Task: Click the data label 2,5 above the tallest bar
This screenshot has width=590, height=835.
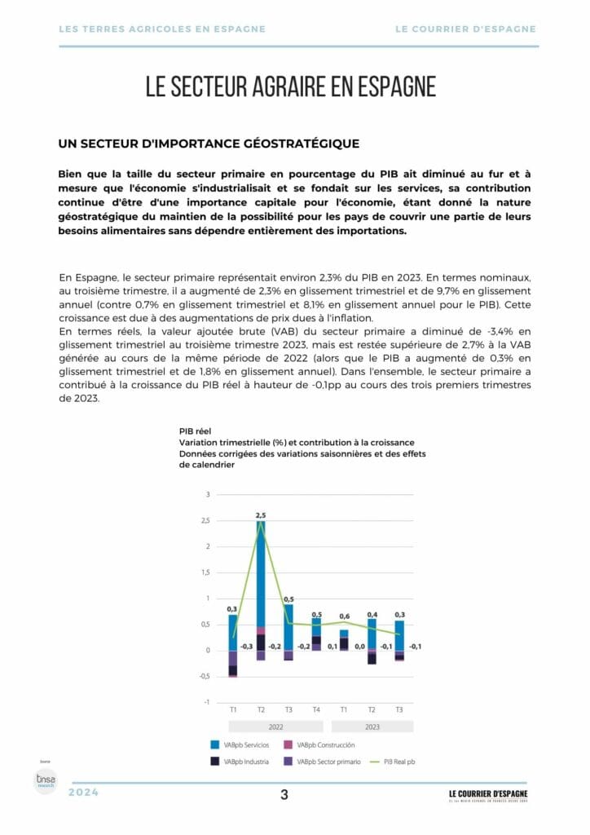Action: pyautogui.click(x=261, y=515)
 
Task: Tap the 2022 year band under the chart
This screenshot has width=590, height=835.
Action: pyautogui.click(x=275, y=726)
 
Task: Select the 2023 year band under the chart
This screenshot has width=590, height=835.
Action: pyautogui.click(x=372, y=726)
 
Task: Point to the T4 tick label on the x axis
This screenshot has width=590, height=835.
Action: pyautogui.click(x=316, y=709)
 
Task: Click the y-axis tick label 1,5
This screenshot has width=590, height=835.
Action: pyautogui.click(x=205, y=572)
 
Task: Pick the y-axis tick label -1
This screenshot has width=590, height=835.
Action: pyautogui.click(x=207, y=702)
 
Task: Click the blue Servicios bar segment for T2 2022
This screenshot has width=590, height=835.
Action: pyautogui.click(x=261, y=571)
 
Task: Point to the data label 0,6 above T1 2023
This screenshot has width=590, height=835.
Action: pyautogui.click(x=344, y=616)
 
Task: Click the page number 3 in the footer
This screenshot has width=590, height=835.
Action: pyautogui.click(x=284, y=795)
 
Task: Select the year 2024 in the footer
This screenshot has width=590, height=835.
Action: pyautogui.click(x=84, y=793)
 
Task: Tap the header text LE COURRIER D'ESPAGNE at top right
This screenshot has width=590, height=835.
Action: pyautogui.click(x=465, y=29)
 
